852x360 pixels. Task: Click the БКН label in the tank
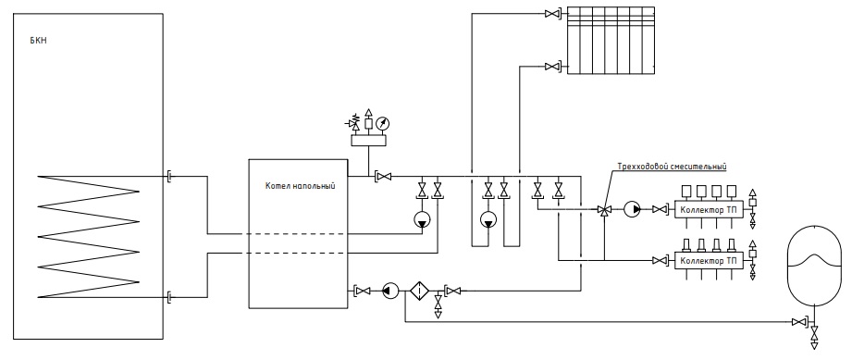(39, 41)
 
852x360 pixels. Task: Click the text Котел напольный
(300, 186)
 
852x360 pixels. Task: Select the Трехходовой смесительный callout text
(672, 167)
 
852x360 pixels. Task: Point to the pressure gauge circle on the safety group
(384, 123)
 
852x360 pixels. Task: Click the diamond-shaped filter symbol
(419, 291)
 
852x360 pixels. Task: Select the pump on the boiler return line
(390, 291)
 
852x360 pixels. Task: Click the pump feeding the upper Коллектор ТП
(632, 209)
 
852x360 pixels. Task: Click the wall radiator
(611, 40)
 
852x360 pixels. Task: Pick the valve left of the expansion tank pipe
(799, 322)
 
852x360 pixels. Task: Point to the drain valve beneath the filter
(438, 309)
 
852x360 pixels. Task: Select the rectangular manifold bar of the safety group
(369, 141)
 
